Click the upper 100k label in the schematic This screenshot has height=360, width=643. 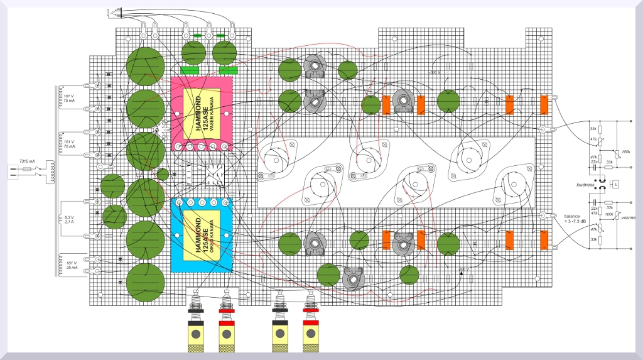click(x=625, y=152)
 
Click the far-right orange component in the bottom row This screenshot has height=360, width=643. click(x=544, y=239)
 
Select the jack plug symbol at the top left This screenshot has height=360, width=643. click(x=112, y=11)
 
